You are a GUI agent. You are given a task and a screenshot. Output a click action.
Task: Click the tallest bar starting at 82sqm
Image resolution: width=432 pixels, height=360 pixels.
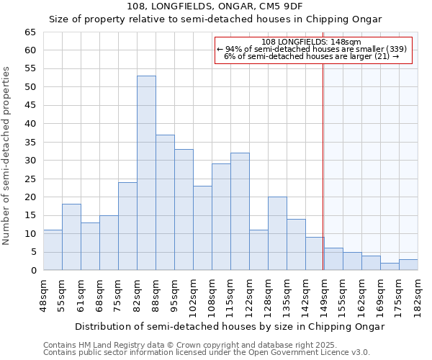click(146, 173)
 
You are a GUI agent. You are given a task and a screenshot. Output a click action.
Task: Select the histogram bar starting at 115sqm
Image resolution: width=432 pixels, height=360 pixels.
click(240, 212)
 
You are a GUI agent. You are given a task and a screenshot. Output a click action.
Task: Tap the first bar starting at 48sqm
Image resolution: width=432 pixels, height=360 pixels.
click(53, 250)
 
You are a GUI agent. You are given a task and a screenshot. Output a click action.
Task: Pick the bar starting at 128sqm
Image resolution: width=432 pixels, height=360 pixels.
click(277, 233)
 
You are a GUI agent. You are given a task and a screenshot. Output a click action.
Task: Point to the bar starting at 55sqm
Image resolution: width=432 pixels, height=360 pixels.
click(71, 237)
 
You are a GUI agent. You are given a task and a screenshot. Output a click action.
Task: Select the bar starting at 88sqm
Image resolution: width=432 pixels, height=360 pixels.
click(165, 202)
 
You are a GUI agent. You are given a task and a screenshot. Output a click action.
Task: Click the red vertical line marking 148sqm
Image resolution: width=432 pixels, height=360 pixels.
click(323, 166)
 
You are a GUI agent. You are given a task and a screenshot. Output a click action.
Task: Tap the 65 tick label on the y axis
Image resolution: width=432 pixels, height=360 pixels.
click(30, 32)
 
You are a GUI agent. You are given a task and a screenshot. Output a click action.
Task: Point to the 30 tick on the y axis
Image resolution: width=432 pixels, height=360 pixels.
click(30, 161)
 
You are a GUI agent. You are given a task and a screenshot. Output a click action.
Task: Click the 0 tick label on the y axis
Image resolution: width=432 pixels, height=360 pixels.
click(33, 271)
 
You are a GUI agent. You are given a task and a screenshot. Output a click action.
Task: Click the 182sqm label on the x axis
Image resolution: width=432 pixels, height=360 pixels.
click(418, 295)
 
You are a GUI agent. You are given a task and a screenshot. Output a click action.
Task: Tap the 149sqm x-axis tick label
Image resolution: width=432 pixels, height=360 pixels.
click(324, 295)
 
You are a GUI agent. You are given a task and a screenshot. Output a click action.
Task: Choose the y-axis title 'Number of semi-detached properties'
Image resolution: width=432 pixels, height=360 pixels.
click(6, 155)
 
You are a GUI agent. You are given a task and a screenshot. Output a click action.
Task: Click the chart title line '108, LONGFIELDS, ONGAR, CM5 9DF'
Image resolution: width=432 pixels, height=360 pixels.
click(215, 6)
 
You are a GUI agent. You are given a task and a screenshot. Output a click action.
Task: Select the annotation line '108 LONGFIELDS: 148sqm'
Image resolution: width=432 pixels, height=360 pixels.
click(312, 42)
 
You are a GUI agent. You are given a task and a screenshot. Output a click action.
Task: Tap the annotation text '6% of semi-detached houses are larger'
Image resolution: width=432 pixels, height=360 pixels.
click(312, 56)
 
